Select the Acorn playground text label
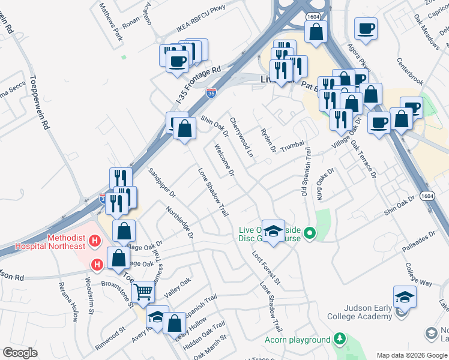pos(298,340)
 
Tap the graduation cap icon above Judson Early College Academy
pos(405,296)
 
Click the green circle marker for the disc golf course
pos(310,233)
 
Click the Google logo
pos(20,353)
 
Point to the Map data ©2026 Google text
pos(411,355)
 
